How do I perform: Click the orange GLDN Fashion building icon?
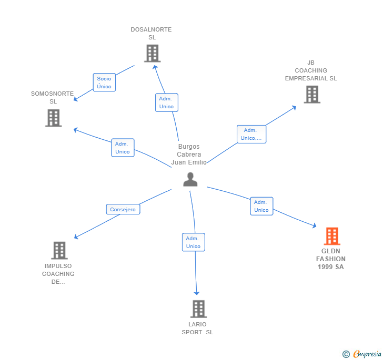click(x=332, y=236)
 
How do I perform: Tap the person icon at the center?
click(x=190, y=179)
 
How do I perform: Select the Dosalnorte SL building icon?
click(x=153, y=53)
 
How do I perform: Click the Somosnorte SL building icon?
click(x=54, y=118)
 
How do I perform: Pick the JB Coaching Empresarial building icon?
click(x=312, y=95)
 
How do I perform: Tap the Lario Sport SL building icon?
click(x=198, y=308)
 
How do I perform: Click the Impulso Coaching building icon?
click(x=59, y=250)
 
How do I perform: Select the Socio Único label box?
click(x=104, y=83)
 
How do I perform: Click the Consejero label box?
click(x=123, y=209)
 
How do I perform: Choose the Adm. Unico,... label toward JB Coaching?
click(x=251, y=134)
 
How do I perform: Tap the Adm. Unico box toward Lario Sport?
click(x=194, y=242)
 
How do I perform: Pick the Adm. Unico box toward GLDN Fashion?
click(x=261, y=206)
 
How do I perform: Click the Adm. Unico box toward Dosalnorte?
click(x=167, y=102)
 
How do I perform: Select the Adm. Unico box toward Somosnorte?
click(x=123, y=148)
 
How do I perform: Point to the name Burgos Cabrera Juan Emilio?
click(x=189, y=155)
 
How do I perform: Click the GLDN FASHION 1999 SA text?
click(x=331, y=259)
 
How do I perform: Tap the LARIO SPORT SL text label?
click(x=197, y=328)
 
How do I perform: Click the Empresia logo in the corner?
click(x=362, y=354)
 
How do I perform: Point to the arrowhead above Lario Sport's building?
click(x=197, y=293)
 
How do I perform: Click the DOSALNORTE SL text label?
click(x=151, y=33)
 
